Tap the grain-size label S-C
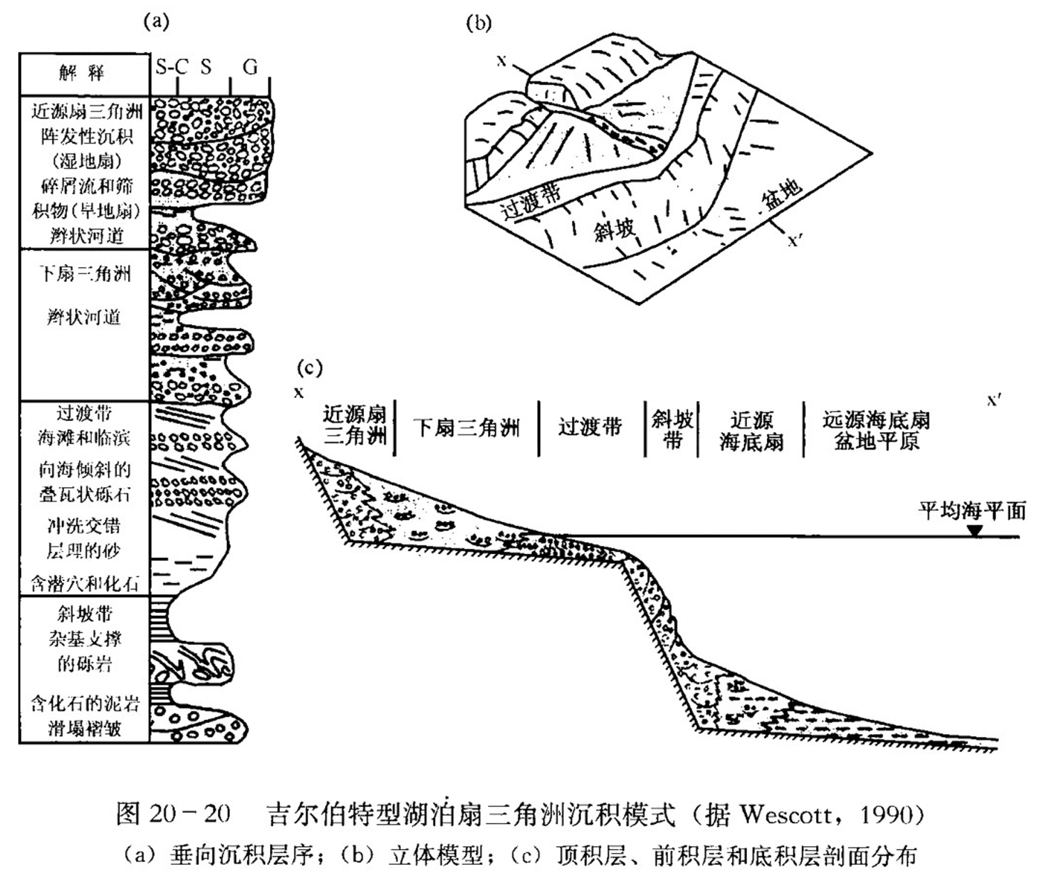[x=171, y=67]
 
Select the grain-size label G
[x=250, y=67]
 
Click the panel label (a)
[x=156, y=22]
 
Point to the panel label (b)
[x=478, y=24]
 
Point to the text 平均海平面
[x=972, y=511]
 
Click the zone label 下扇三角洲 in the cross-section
[x=466, y=427]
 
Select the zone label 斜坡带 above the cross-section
[x=672, y=429]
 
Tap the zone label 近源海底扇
[x=751, y=431]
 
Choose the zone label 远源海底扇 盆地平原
[x=876, y=430]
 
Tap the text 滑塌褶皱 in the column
[x=85, y=728]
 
